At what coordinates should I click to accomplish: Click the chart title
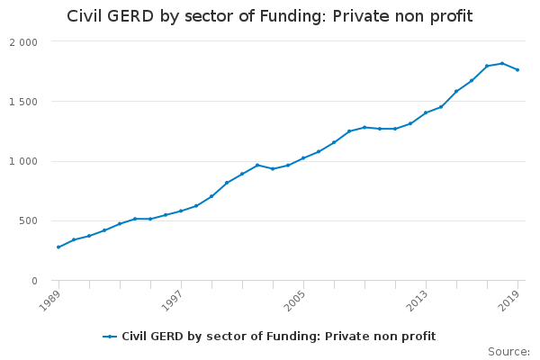[x=270, y=16]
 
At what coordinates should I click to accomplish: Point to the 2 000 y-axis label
[x=23, y=42]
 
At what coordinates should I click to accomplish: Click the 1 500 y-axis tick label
[x=23, y=102]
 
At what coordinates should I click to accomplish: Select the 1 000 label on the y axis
[x=23, y=161]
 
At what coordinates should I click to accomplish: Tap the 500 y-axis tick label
[x=28, y=220]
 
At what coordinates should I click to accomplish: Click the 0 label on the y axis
[x=34, y=281]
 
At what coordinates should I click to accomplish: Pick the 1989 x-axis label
[x=49, y=301]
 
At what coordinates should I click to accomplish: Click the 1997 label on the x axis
[x=172, y=301]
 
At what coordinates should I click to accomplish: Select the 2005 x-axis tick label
[x=294, y=301]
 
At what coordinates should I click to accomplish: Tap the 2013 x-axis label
[x=417, y=301]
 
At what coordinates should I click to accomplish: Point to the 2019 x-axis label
[x=508, y=301]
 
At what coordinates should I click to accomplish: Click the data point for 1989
[x=58, y=247]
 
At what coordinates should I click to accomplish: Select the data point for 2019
[x=517, y=70]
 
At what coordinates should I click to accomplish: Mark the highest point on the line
[x=502, y=63]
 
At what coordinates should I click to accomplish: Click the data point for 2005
[x=303, y=158]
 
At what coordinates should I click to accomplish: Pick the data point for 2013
[x=426, y=112]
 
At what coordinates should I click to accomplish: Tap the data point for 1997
[x=181, y=211]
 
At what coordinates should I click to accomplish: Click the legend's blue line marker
[x=110, y=337]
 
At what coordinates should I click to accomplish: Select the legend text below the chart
[x=279, y=337]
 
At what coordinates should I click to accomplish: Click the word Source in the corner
[x=508, y=352]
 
